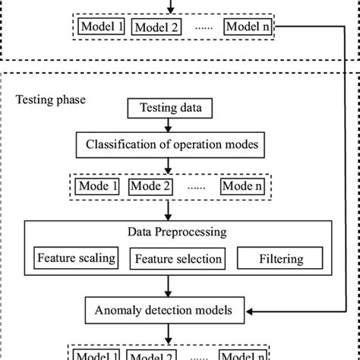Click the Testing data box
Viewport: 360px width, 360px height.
coord(170,109)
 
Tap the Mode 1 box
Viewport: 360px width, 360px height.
coord(99,185)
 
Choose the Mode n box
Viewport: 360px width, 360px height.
coord(244,185)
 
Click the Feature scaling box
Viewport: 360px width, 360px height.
coord(76,258)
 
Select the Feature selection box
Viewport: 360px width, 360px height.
coord(179,259)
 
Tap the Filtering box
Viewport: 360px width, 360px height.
coord(281,259)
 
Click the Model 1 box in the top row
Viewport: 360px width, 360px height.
coord(101,27)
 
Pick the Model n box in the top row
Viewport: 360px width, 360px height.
coord(249,27)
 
